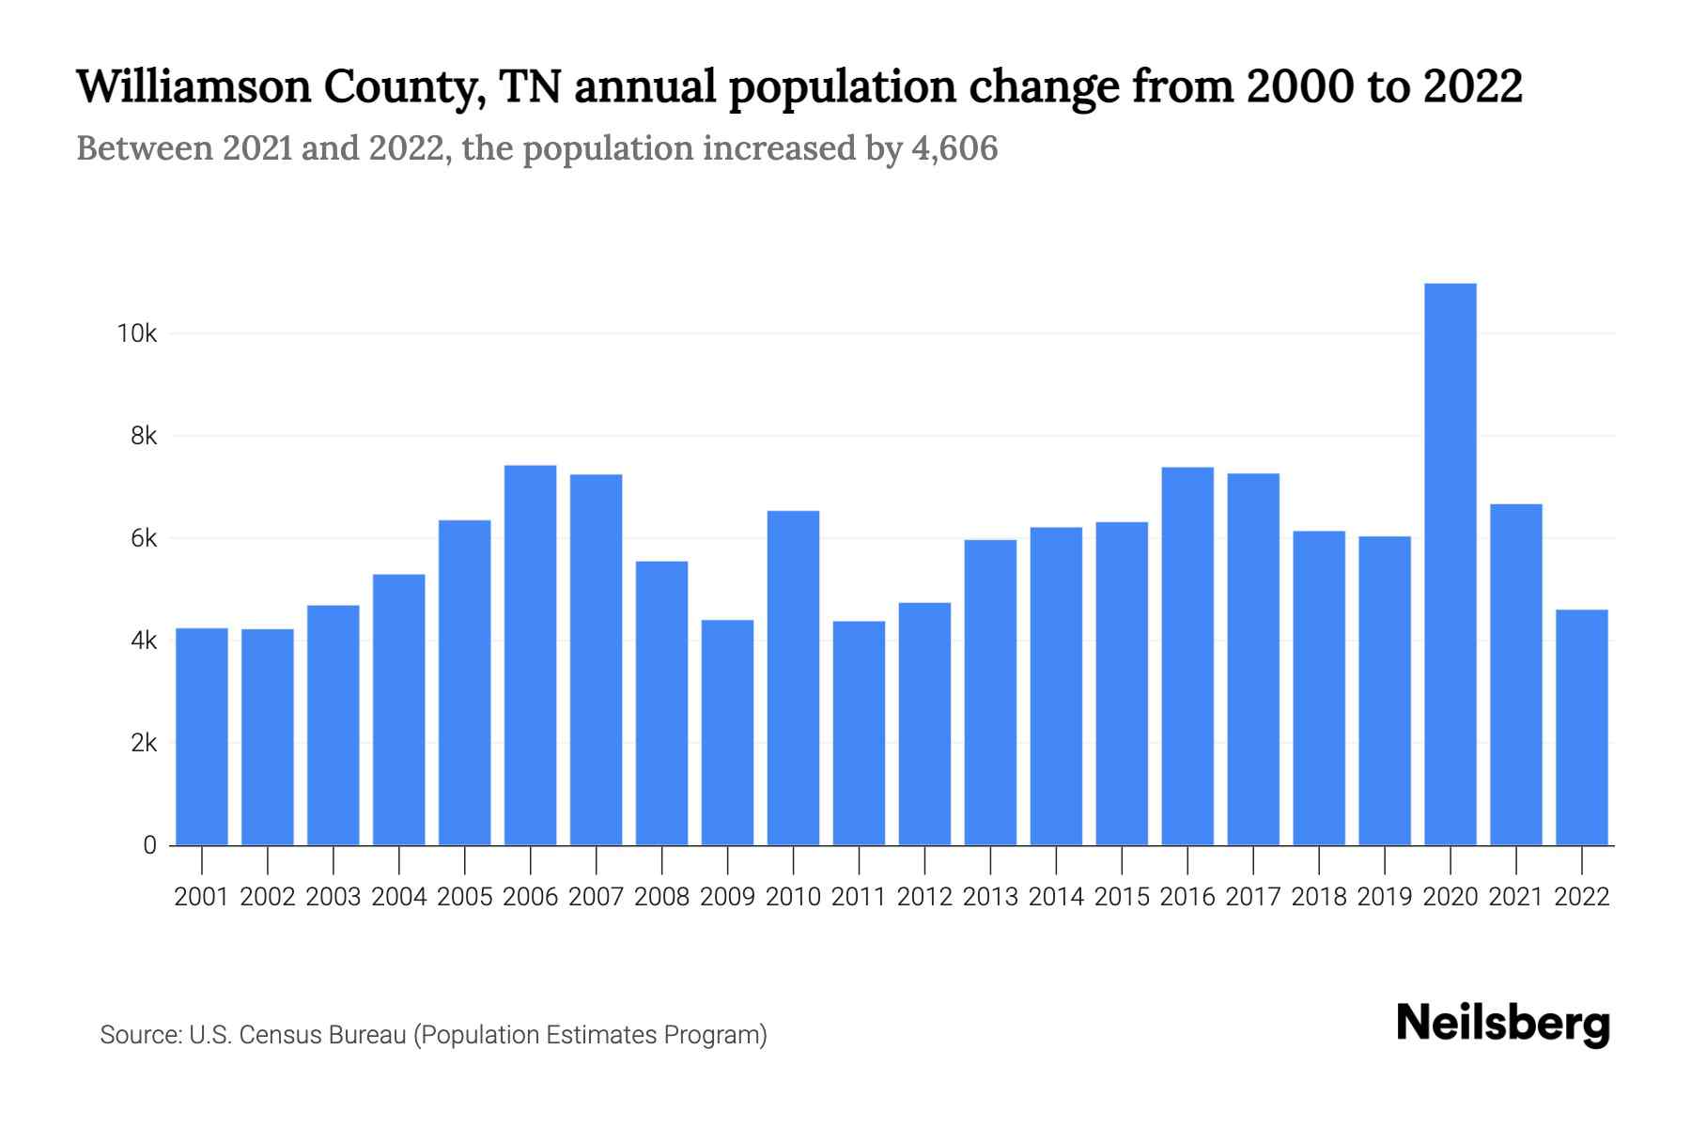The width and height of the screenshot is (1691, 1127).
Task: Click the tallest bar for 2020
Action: click(x=1450, y=563)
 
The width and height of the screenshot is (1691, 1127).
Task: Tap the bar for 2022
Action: click(x=1581, y=727)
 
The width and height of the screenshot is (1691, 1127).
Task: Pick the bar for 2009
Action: click(x=727, y=733)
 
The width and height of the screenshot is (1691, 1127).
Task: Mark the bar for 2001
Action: click(x=202, y=736)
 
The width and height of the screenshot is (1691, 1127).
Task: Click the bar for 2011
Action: click(x=859, y=733)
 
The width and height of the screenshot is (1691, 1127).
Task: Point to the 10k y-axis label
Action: click(x=136, y=333)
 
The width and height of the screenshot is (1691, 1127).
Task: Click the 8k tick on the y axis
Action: click(x=144, y=436)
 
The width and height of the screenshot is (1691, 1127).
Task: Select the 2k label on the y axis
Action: click(x=144, y=743)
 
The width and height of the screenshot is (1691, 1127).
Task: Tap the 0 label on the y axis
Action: click(x=149, y=845)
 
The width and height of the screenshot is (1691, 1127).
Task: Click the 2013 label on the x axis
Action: click(x=990, y=897)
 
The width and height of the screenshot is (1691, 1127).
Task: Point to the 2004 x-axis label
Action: click(x=398, y=897)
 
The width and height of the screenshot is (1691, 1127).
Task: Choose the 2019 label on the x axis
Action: click(x=1384, y=897)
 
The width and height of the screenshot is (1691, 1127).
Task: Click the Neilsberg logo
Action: click(x=1503, y=1024)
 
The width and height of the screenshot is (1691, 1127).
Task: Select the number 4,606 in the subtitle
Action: click(x=954, y=148)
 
